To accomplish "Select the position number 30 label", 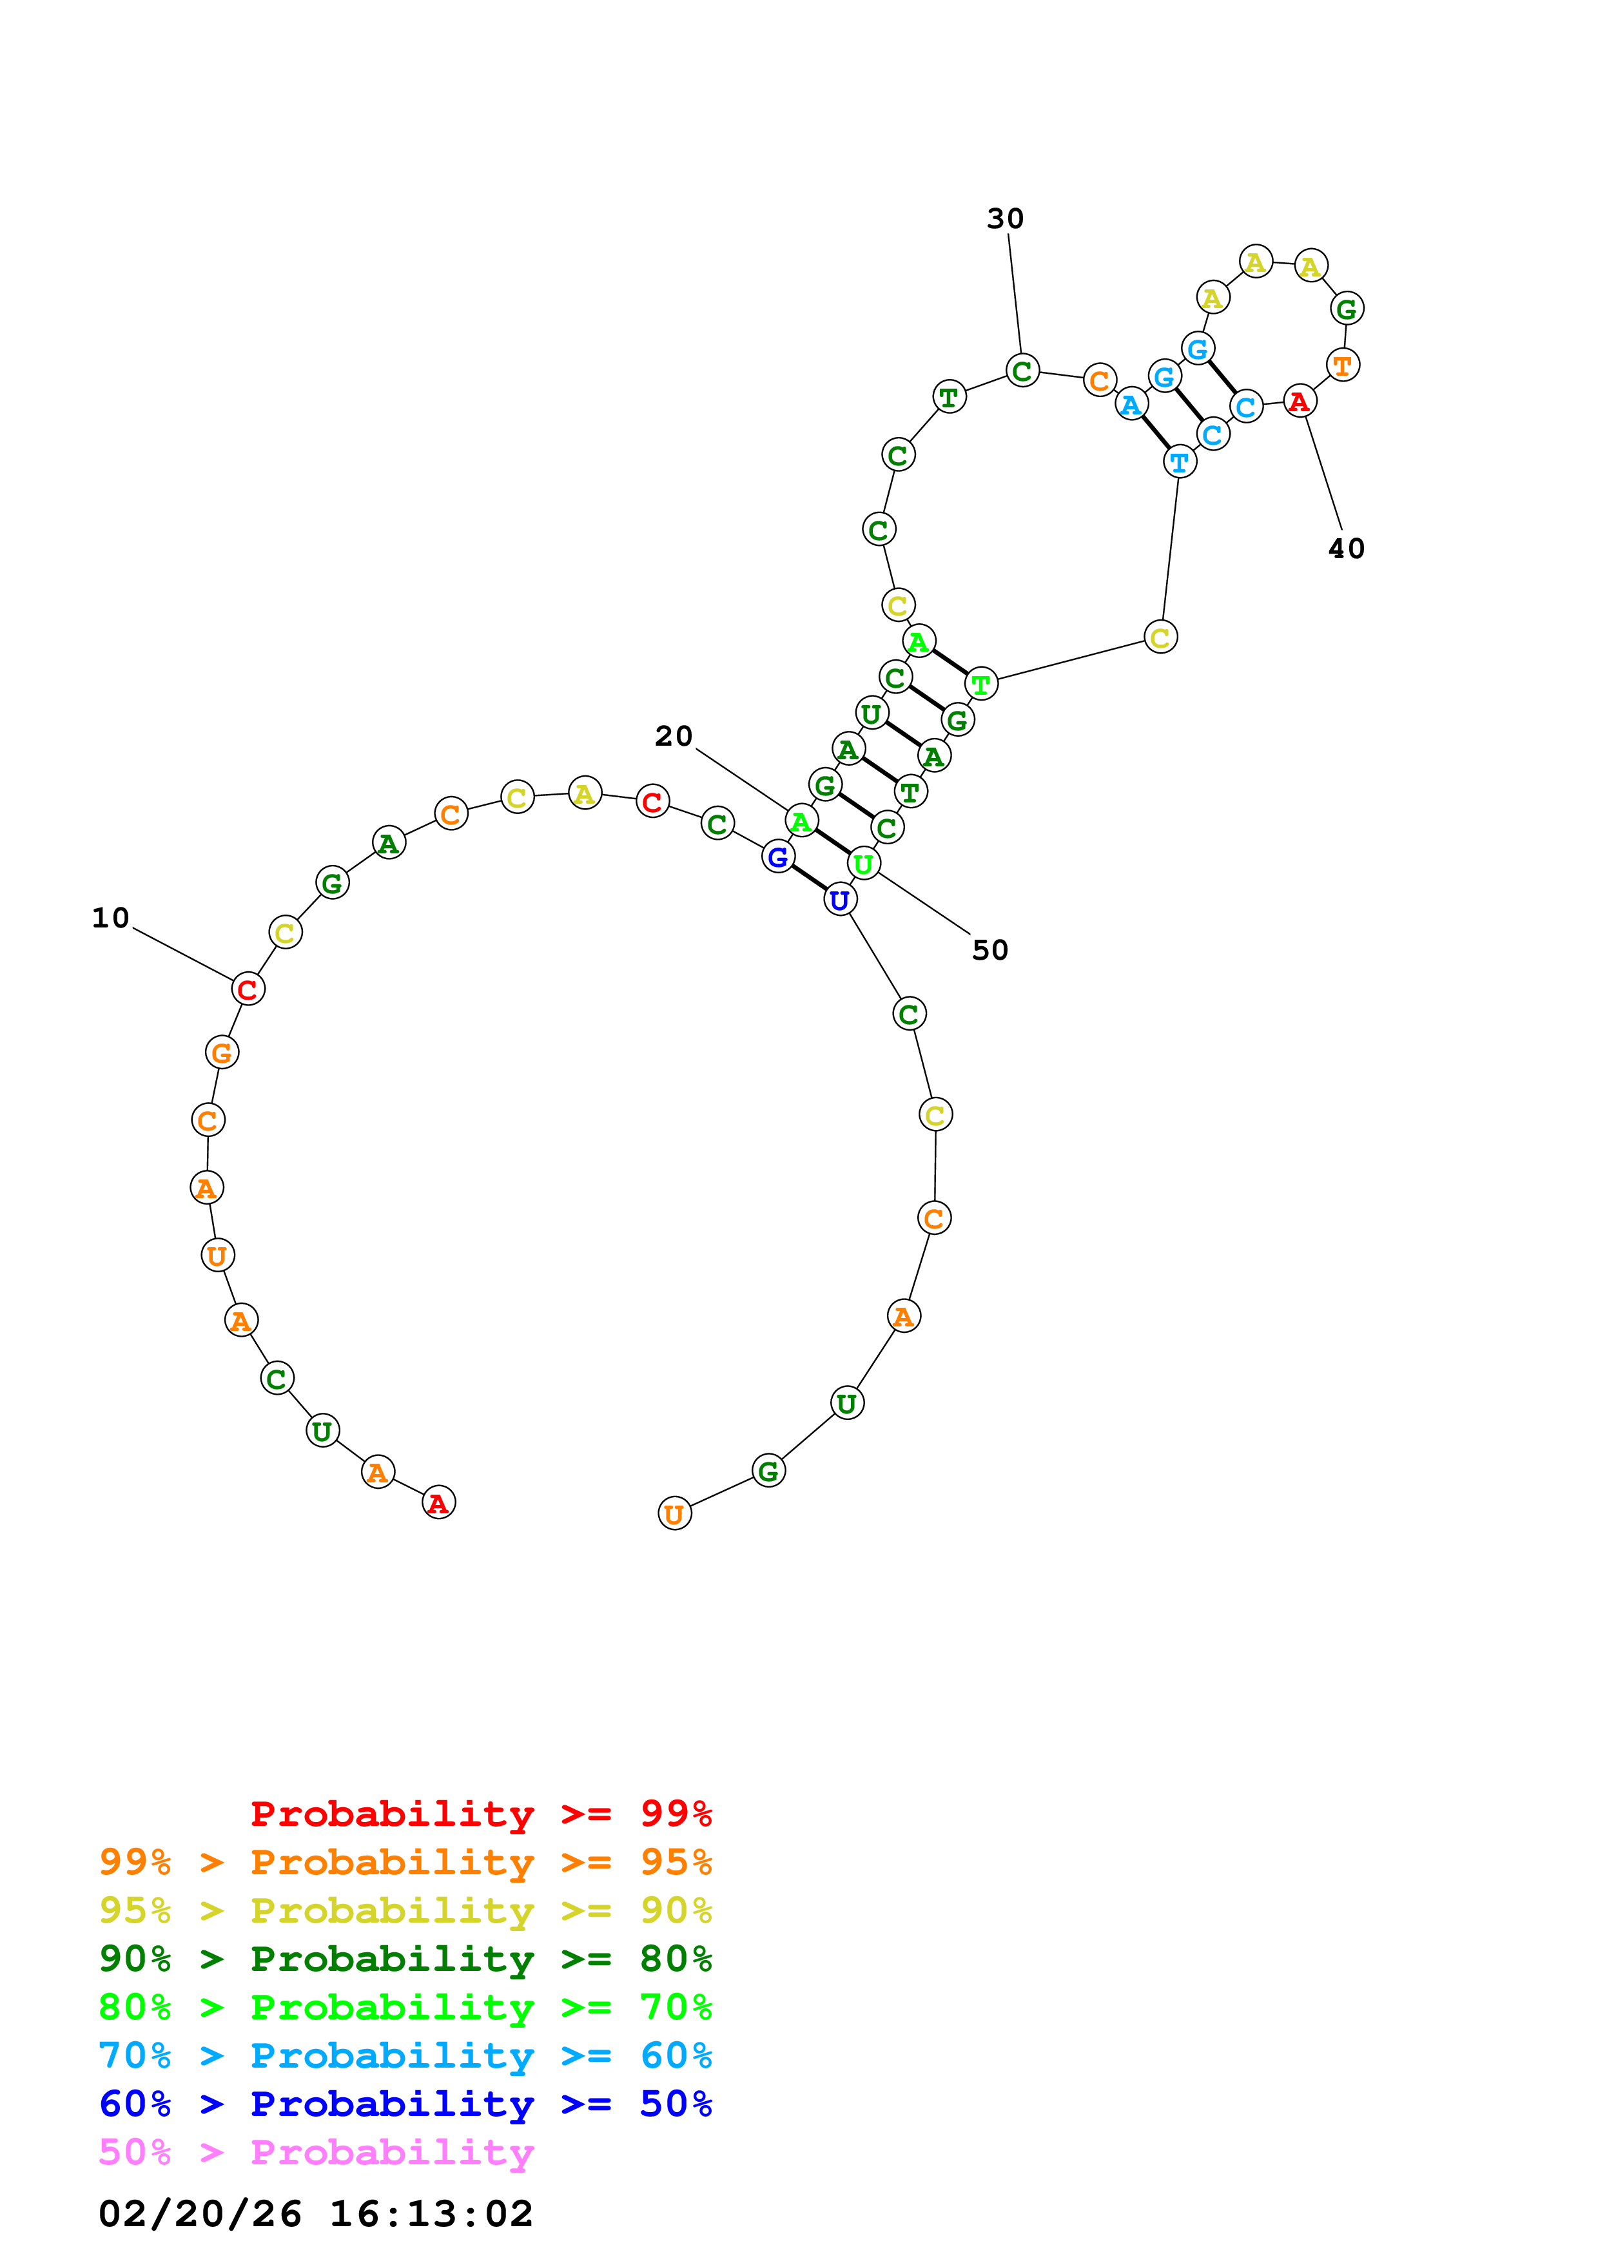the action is (x=1005, y=218).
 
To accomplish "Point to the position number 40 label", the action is (x=1346, y=548).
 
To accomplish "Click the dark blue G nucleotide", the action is (x=778, y=857).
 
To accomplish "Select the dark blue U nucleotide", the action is (x=839, y=899).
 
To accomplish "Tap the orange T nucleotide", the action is (x=1342, y=365).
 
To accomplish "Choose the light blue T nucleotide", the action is (x=1180, y=461).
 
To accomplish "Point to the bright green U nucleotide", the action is (x=864, y=864).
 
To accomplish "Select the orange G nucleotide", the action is (x=222, y=1053).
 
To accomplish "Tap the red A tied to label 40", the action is (x=1300, y=401).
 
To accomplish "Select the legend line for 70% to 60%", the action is (x=405, y=2056).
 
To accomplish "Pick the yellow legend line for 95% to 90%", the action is (x=405, y=1910).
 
